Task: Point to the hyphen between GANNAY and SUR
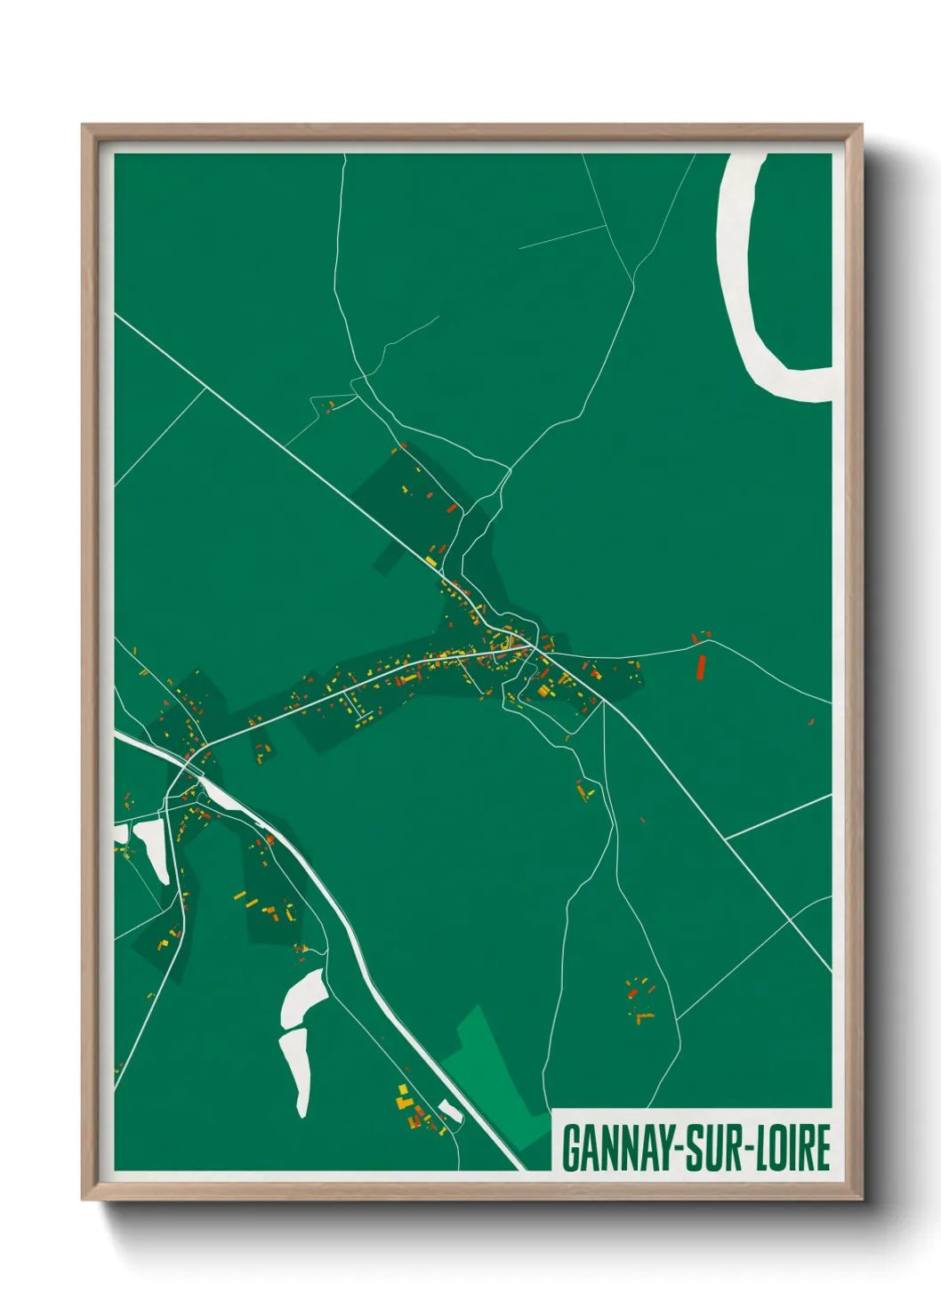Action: pos(685,1148)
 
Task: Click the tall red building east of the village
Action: pos(700,666)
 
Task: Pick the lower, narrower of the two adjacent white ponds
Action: pos(297,1067)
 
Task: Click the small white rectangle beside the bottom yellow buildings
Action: pos(450,1109)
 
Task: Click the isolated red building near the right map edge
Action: pos(811,721)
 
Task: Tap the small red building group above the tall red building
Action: pos(700,636)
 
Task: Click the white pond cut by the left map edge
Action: pos(120,835)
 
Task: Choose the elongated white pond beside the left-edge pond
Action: pos(152,849)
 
